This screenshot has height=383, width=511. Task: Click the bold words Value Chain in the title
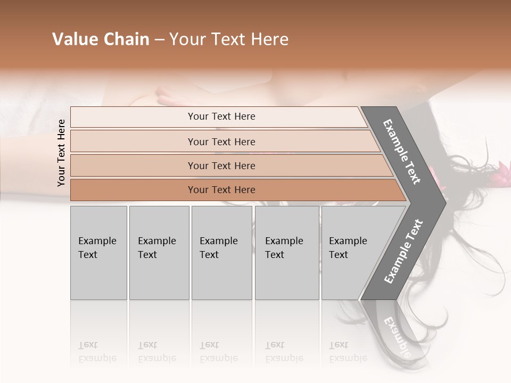[x=101, y=39]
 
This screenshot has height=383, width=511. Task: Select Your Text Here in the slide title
[x=229, y=39]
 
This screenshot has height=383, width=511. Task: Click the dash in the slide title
[x=159, y=39]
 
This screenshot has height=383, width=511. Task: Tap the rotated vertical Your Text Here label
[x=61, y=153]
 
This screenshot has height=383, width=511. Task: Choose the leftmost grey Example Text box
[x=98, y=252]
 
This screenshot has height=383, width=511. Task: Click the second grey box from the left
[x=159, y=252]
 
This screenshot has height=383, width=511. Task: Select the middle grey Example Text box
[x=221, y=252]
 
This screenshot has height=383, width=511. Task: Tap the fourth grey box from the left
[x=286, y=252]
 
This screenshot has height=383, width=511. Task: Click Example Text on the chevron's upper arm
[x=402, y=152]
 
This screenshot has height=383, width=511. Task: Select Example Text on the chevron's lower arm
[x=403, y=252]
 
